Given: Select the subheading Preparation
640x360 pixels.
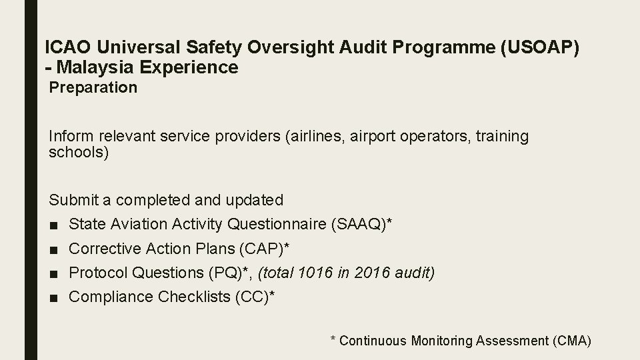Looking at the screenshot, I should pyautogui.click(x=93, y=87).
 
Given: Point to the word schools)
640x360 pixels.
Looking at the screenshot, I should pyautogui.click(x=79, y=152).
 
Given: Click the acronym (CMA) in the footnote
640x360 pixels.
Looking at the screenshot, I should pyautogui.click(x=572, y=341).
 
